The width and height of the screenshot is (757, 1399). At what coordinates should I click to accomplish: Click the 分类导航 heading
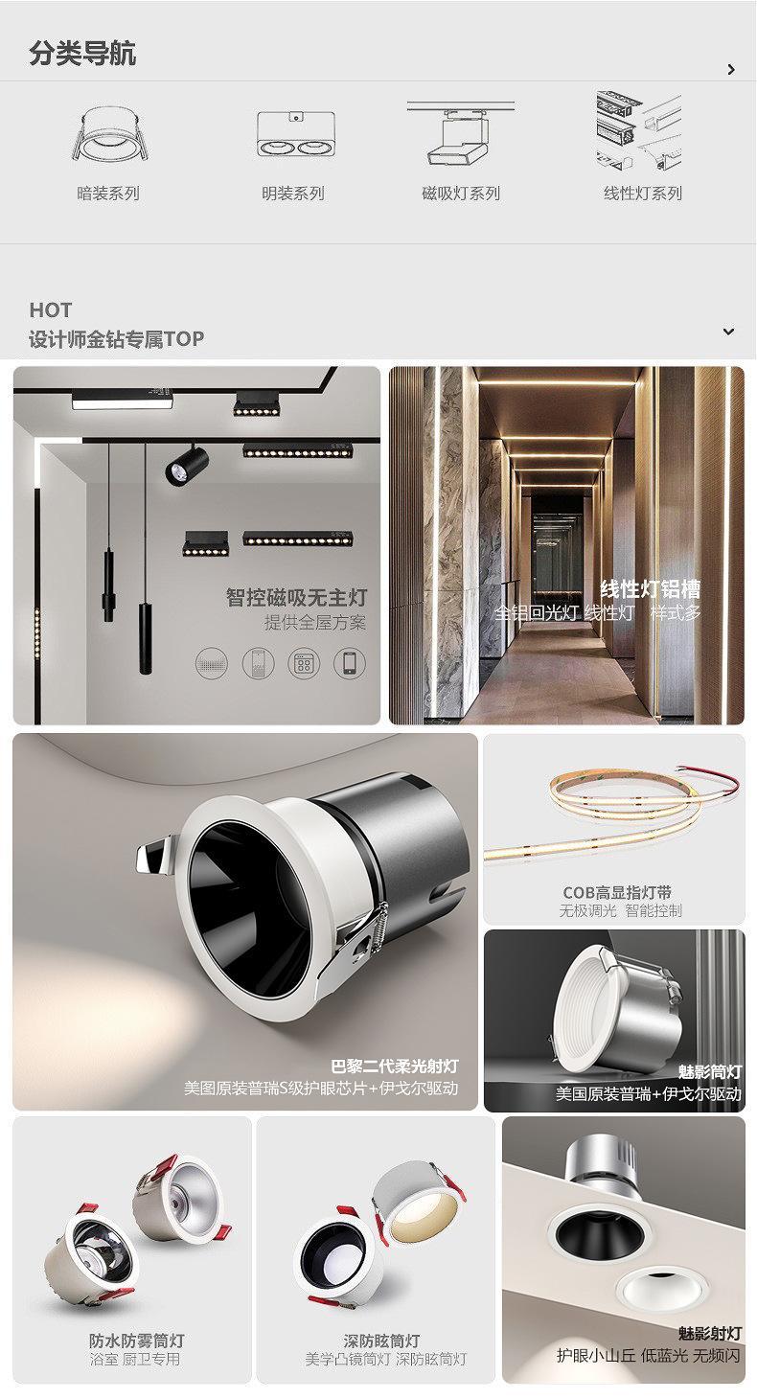point(82,53)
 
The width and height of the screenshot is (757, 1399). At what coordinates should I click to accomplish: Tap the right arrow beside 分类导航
point(731,69)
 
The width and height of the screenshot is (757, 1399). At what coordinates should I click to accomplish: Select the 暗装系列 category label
point(108,194)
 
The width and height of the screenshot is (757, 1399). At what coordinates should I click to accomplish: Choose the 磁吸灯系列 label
point(461,194)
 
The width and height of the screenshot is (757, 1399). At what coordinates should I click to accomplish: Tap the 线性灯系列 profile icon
point(638,130)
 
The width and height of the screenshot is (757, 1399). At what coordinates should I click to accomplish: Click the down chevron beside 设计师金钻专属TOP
point(728,332)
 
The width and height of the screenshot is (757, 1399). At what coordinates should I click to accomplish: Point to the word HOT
point(51,310)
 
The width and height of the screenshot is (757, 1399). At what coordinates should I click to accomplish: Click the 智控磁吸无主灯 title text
point(296,597)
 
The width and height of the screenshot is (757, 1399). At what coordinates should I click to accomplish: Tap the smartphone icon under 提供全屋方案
point(350,663)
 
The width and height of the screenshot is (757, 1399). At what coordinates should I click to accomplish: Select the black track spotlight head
point(186,464)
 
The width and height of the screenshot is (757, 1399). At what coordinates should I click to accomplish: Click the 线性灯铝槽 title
point(651,589)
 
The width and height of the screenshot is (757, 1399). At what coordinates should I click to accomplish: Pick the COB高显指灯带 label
point(616,892)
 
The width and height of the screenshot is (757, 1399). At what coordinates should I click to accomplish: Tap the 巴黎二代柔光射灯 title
point(395,1066)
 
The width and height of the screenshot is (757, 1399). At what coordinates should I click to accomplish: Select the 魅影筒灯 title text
point(709,1072)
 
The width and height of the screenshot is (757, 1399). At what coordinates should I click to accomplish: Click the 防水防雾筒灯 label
point(137,1341)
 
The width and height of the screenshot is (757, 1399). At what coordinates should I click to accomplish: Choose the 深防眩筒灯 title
point(381,1341)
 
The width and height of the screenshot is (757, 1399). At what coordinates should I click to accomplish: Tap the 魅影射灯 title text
point(709,1334)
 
